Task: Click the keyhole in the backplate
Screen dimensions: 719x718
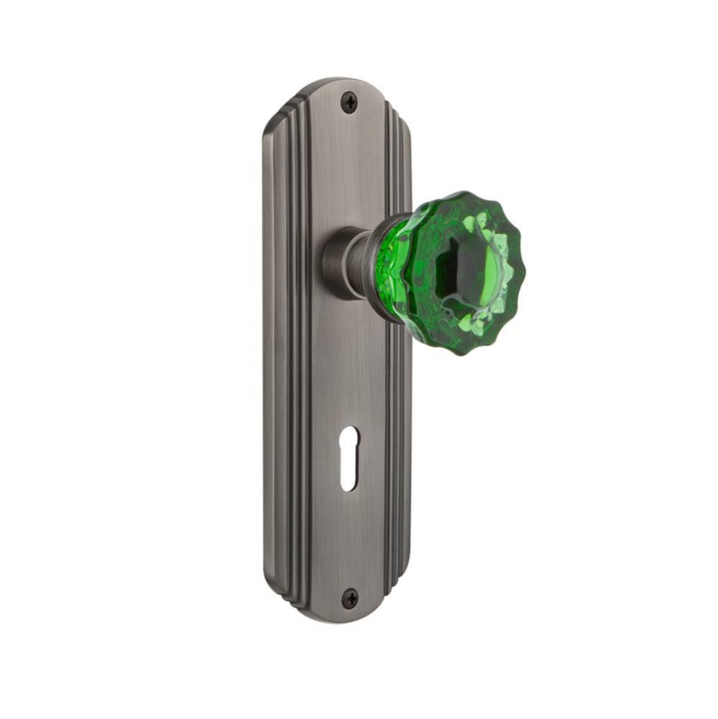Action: pyautogui.click(x=348, y=458)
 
